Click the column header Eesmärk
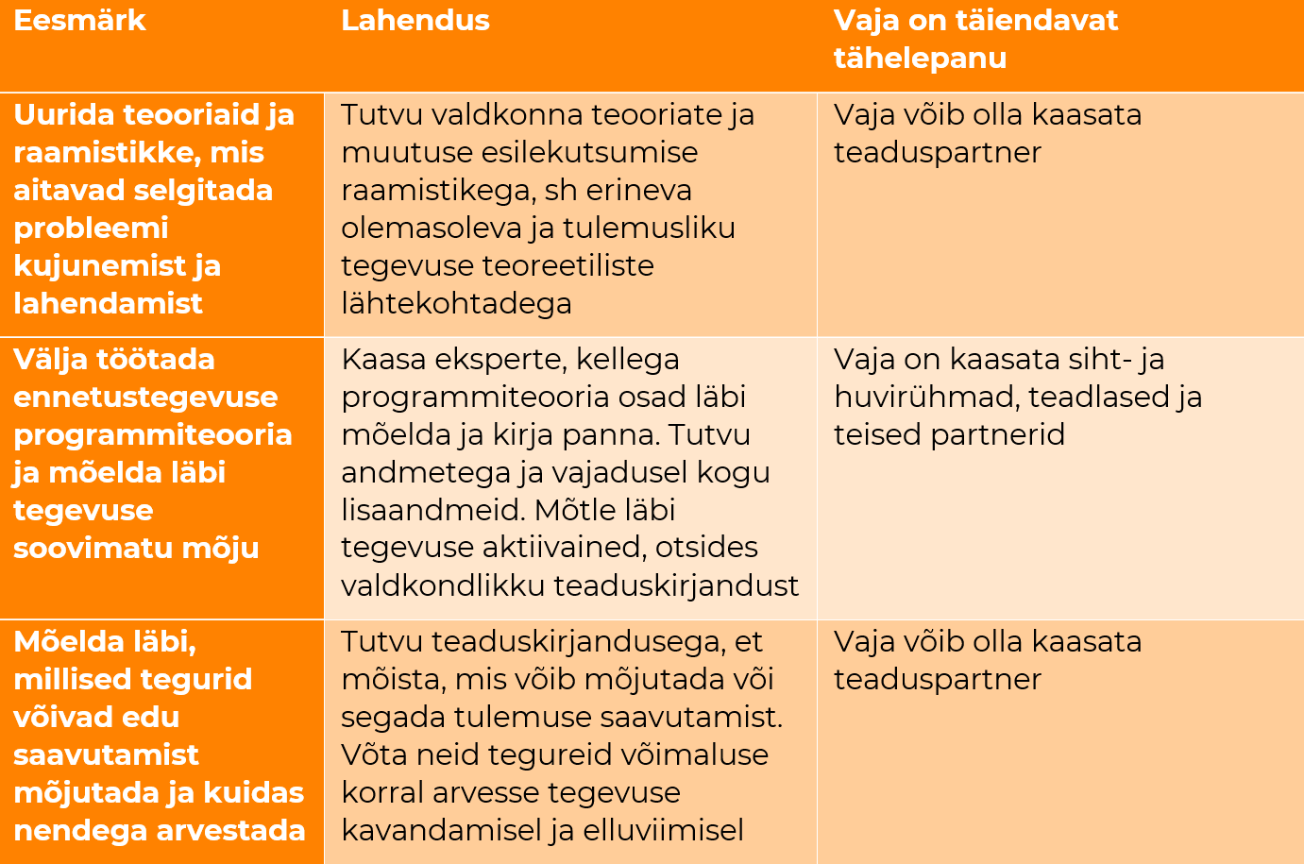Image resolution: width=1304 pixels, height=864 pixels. (79, 21)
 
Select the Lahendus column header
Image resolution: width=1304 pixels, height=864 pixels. (415, 21)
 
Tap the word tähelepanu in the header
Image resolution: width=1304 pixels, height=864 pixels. (920, 59)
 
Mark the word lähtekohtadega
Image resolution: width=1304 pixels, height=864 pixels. (456, 304)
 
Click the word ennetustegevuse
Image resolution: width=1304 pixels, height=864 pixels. (145, 398)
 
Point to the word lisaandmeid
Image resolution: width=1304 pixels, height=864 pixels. (432, 511)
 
